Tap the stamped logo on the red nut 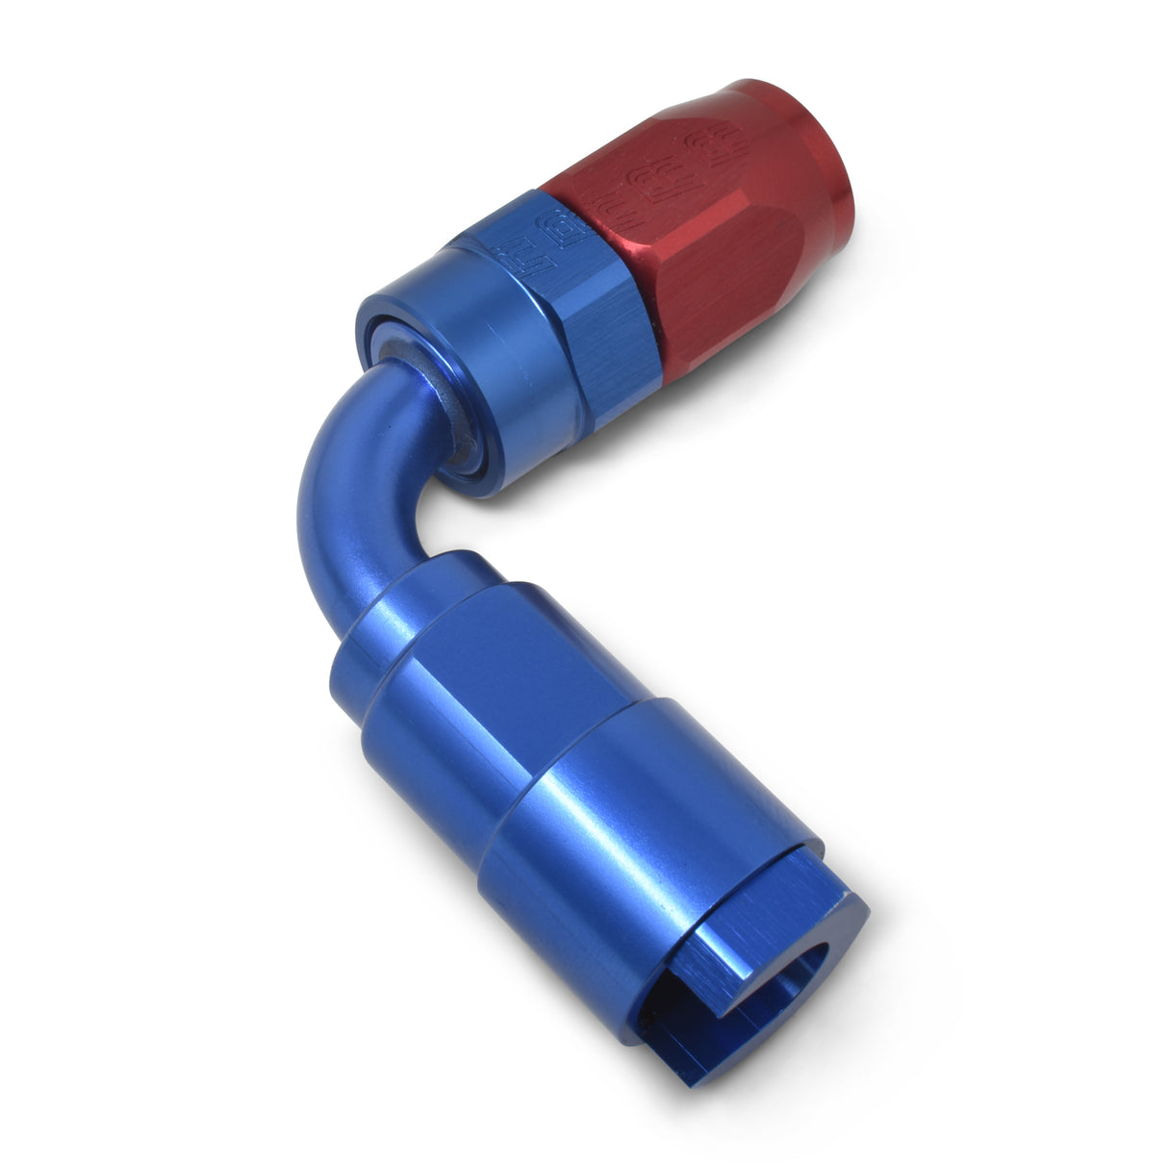(698, 164)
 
